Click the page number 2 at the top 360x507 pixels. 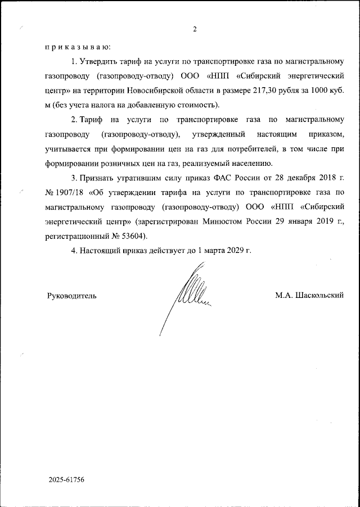pyautogui.click(x=194, y=29)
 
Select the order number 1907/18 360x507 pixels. pyautogui.click(x=71, y=193)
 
